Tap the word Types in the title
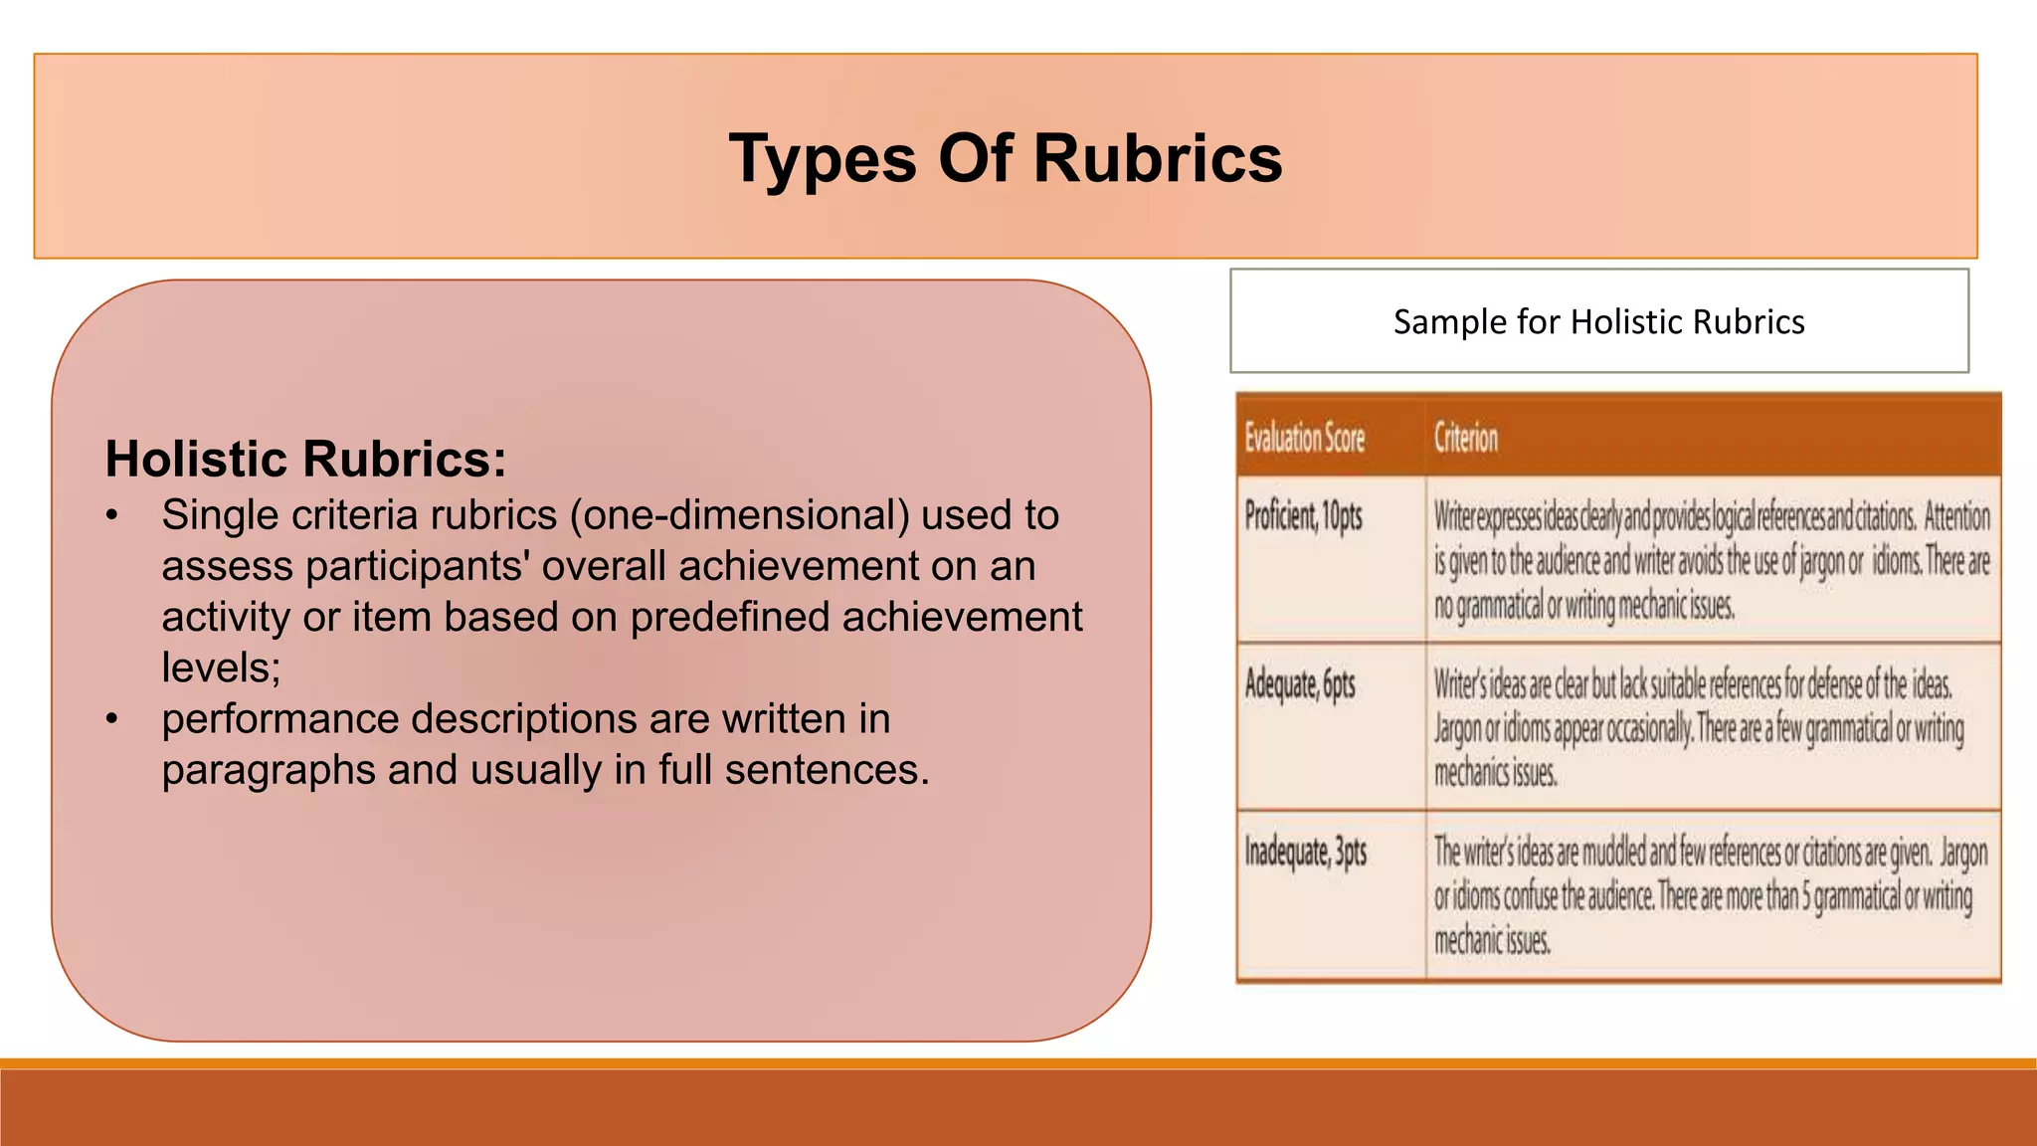[x=822, y=159]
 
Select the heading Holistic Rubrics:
[x=305, y=460]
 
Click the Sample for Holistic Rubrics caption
[x=1598, y=322]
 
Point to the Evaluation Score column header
[x=1304, y=438]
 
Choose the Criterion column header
[x=1465, y=438]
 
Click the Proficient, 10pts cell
[x=1303, y=517]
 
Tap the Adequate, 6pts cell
[x=1299, y=685]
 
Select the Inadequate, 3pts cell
[x=1305, y=853]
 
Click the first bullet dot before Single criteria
[x=112, y=516]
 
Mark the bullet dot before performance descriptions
[x=112, y=719]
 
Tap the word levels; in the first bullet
[x=221, y=668]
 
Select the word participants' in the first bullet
[x=418, y=567]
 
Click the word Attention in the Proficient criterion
[x=1956, y=517]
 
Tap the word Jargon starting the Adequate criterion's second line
[x=1457, y=730]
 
